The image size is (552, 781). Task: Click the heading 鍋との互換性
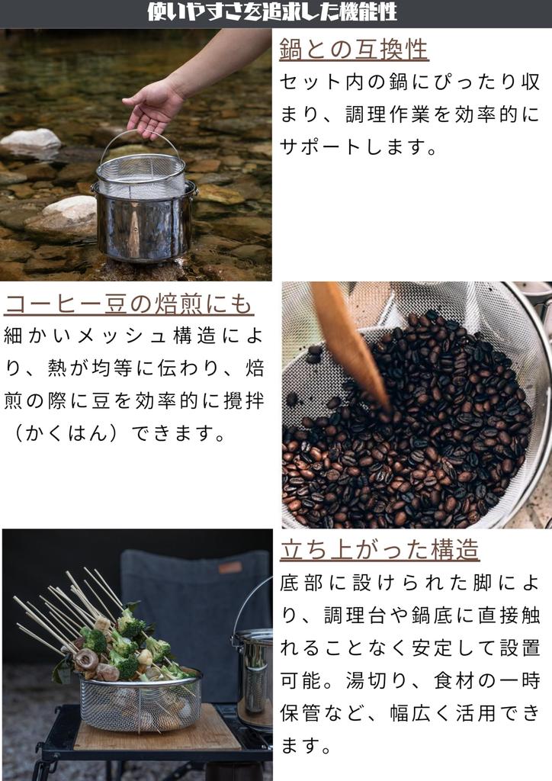coord(354,50)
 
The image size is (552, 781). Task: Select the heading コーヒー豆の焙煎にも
coord(129,304)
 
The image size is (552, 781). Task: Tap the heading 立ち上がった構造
coord(379,549)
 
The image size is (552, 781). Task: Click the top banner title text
coord(272,12)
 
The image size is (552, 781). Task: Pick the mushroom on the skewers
coord(86,660)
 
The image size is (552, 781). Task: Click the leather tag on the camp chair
coord(230,567)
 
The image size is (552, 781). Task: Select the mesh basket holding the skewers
coord(140,700)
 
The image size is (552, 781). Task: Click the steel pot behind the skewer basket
coord(253,667)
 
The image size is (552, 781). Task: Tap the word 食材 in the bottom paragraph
coord(455,680)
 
